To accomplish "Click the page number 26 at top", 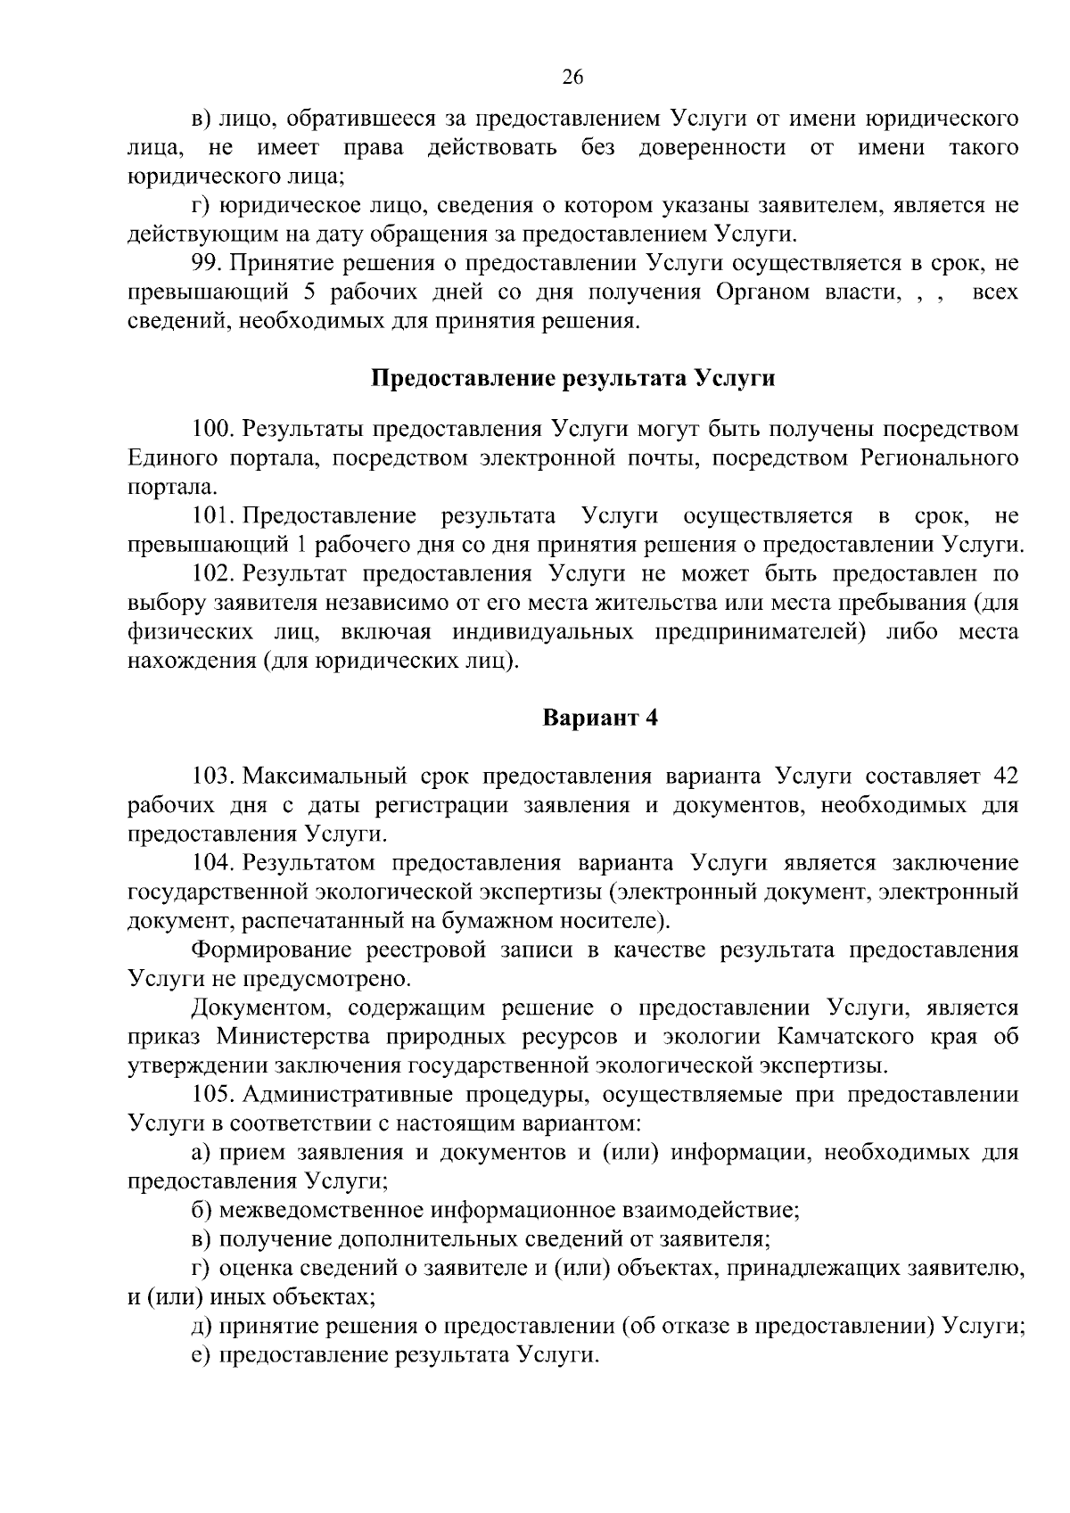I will (572, 78).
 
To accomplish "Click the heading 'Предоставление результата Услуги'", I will (572, 378).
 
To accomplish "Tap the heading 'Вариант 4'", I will (600, 718).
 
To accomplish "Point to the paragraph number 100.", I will (212, 429).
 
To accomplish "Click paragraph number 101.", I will (212, 515).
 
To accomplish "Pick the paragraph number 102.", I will (212, 573).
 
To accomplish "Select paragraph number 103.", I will (212, 776).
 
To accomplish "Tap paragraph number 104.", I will (212, 862).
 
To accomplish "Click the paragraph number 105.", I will (212, 1094).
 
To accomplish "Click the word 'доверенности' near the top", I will (712, 147).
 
